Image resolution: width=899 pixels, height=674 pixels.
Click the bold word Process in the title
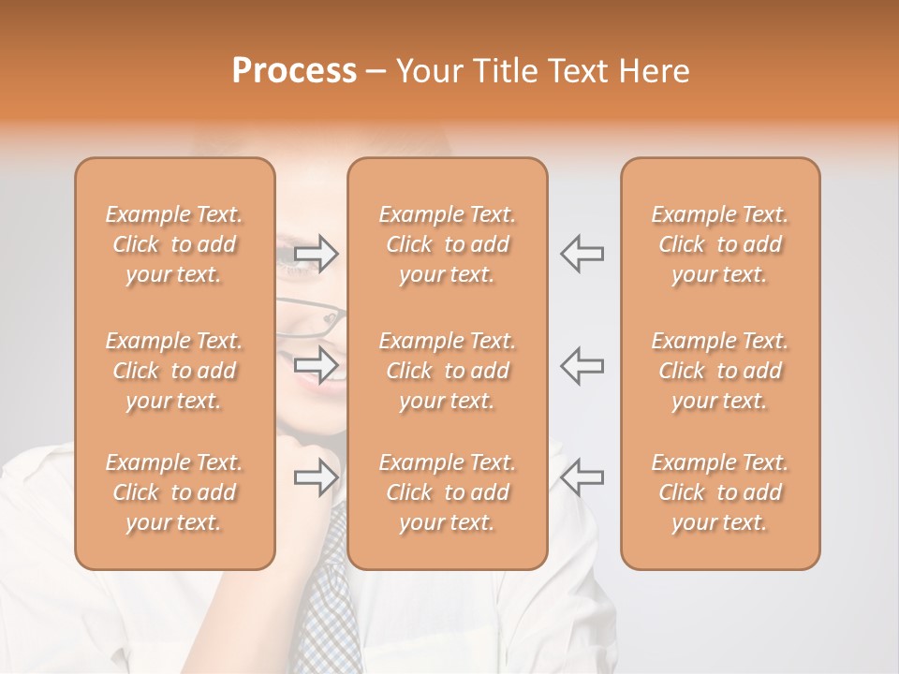coord(294,71)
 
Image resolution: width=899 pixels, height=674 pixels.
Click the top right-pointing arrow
coord(317,254)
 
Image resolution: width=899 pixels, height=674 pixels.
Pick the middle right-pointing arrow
coord(317,364)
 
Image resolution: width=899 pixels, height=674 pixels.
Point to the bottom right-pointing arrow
coord(317,477)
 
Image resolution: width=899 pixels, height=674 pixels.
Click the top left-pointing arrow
coord(582,254)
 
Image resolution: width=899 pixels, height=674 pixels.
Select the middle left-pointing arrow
coord(582,364)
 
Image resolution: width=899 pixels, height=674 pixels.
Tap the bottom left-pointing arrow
coord(582,477)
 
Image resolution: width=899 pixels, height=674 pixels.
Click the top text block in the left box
coord(174,244)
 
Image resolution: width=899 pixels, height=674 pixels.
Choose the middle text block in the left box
coord(174,371)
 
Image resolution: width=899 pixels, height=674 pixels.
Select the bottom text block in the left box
coord(174,492)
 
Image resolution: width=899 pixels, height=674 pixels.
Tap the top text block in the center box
coord(447,244)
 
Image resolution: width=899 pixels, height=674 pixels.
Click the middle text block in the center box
coord(447,371)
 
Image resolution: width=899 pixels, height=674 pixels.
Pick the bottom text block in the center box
coord(447,492)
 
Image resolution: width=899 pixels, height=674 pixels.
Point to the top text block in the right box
coord(720,244)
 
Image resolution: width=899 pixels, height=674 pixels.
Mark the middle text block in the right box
coord(720,371)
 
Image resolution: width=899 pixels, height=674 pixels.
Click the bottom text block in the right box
coord(720,492)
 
